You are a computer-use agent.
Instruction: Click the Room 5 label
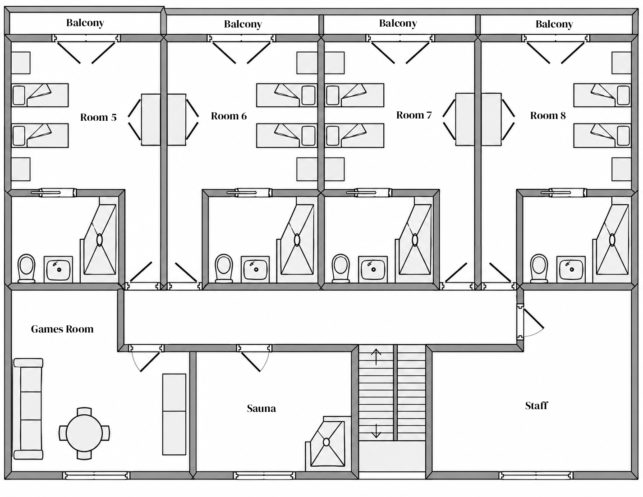[98, 117]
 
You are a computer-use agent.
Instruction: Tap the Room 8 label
[548, 115]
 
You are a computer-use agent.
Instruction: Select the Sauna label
[261, 408]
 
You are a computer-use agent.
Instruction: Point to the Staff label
[536, 406]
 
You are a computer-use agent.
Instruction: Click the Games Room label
[62, 329]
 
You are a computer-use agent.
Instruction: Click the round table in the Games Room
[84, 433]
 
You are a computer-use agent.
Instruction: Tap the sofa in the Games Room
[28, 409]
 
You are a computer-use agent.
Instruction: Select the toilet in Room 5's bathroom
[26, 268]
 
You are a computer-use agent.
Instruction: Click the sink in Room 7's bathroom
[373, 269]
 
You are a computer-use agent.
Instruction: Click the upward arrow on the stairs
[376, 357]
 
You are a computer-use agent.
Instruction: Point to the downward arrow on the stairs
[376, 431]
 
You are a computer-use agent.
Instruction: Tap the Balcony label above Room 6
[243, 24]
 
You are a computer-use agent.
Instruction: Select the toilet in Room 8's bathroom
[539, 268]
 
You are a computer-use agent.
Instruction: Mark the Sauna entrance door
[254, 358]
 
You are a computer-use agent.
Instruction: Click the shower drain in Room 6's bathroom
[297, 240]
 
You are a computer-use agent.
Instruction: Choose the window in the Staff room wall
[536, 476]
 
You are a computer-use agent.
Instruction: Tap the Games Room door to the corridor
[146, 358]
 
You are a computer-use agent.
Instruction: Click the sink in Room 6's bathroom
[255, 269]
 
